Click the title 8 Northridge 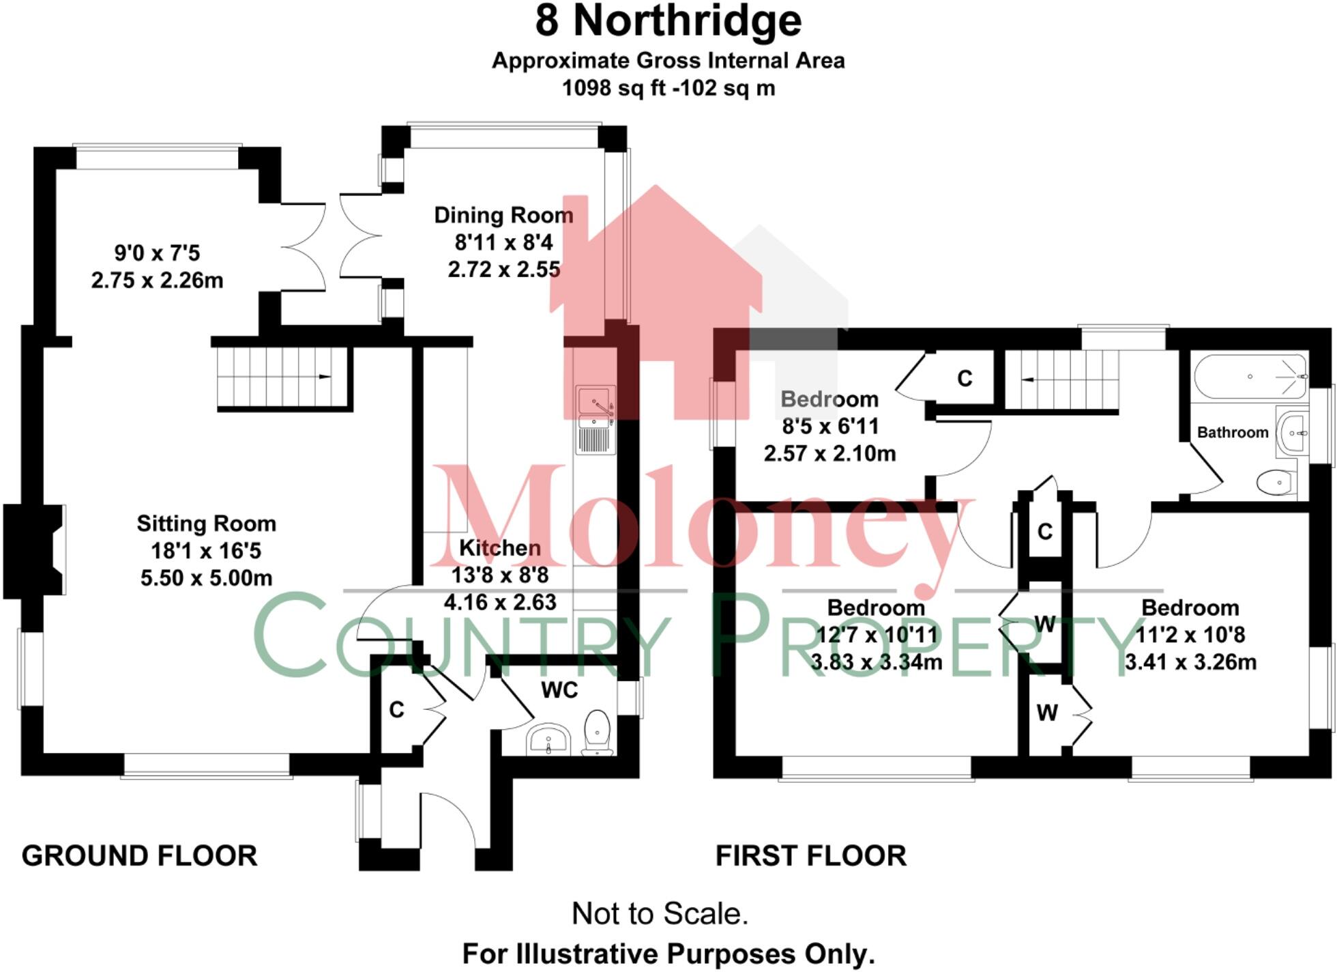(x=668, y=22)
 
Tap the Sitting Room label (x=206, y=524)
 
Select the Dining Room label (x=503, y=216)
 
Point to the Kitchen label (x=499, y=547)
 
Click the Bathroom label (x=1233, y=432)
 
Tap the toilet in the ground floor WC (x=598, y=732)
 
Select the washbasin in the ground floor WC (x=549, y=739)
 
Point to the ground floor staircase (x=282, y=377)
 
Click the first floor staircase (x=1063, y=380)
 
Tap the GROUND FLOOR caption (x=139, y=856)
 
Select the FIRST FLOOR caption (x=810, y=856)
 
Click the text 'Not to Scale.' (x=660, y=913)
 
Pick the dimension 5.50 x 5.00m (x=206, y=578)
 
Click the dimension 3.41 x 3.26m (x=1190, y=662)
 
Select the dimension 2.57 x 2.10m (x=829, y=453)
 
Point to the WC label (x=559, y=690)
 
